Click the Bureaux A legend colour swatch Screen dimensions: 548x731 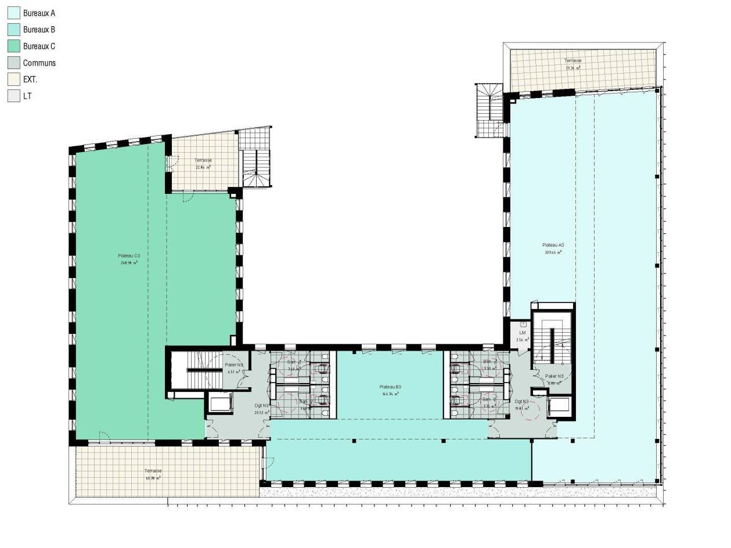[14, 13]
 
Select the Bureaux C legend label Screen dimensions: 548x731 [39, 46]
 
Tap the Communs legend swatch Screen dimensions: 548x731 [14, 63]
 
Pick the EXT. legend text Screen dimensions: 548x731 [30, 80]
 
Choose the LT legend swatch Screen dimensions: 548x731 [14, 96]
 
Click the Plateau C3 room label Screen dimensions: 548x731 [129, 256]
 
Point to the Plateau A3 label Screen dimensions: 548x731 [553, 245]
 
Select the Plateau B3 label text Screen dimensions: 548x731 [390, 387]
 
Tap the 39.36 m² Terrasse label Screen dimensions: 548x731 [572, 67]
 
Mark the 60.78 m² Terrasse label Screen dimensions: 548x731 [153, 477]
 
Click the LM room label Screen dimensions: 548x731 [523, 333]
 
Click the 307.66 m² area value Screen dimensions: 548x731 [553, 253]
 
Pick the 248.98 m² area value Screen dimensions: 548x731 [129, 263]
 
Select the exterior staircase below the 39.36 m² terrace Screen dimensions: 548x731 [489, 110]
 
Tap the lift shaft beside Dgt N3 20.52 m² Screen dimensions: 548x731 [220, 403]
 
